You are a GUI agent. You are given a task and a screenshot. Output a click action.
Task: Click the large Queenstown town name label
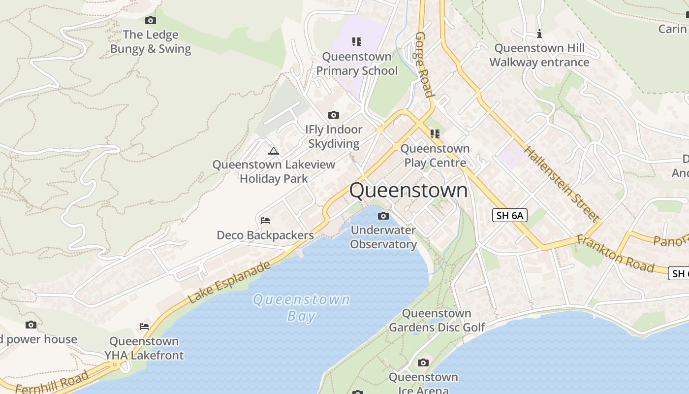[x=408, y=190]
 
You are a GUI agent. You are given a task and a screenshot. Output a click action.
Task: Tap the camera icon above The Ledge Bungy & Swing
[x=151, y=20]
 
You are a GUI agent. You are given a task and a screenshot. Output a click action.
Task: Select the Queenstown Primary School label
[x=357, y=64]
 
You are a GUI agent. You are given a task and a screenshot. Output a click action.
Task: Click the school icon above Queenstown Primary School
[x=357, y=41]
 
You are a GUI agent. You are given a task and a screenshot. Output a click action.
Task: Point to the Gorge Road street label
[x=424, y=65]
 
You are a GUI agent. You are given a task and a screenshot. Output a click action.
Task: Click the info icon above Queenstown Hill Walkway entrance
[x=539, y=33]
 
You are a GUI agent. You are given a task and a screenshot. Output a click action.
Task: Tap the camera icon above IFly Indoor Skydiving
[x=334, y=115]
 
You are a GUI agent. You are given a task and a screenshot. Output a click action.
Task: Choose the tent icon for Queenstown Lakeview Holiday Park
[x=274, y=151]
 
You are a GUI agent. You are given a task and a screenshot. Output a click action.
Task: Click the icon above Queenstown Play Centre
[x=435, y=133]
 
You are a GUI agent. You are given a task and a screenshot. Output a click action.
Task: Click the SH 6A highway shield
[x=509, y=215]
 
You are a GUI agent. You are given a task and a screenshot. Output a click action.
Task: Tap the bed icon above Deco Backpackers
[x=265, y=220]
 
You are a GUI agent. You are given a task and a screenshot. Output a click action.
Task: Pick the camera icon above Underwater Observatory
[x=383, y=216]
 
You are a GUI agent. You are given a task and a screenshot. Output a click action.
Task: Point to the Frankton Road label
[x=615, y=254]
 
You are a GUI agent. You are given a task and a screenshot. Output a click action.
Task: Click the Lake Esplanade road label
[x=229, y=282]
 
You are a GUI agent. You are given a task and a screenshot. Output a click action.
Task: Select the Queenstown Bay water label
[x=301, y=307]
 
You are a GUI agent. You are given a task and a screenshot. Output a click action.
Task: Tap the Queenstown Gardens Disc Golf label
[x=437, y=320]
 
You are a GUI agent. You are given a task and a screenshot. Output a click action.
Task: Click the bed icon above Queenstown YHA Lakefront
[x=144, y=326]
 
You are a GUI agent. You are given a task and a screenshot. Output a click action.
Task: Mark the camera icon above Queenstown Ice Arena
[x=423, y=363]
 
